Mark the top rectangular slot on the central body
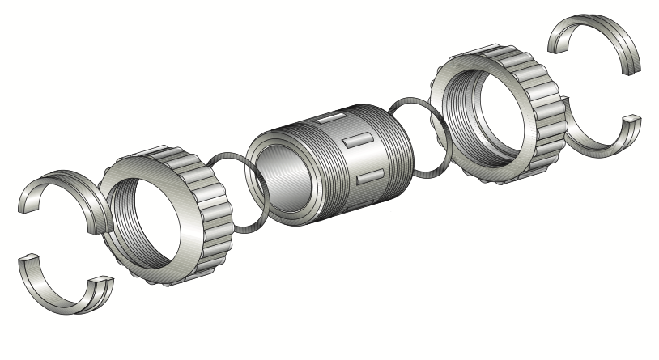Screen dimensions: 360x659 pos(328,119)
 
